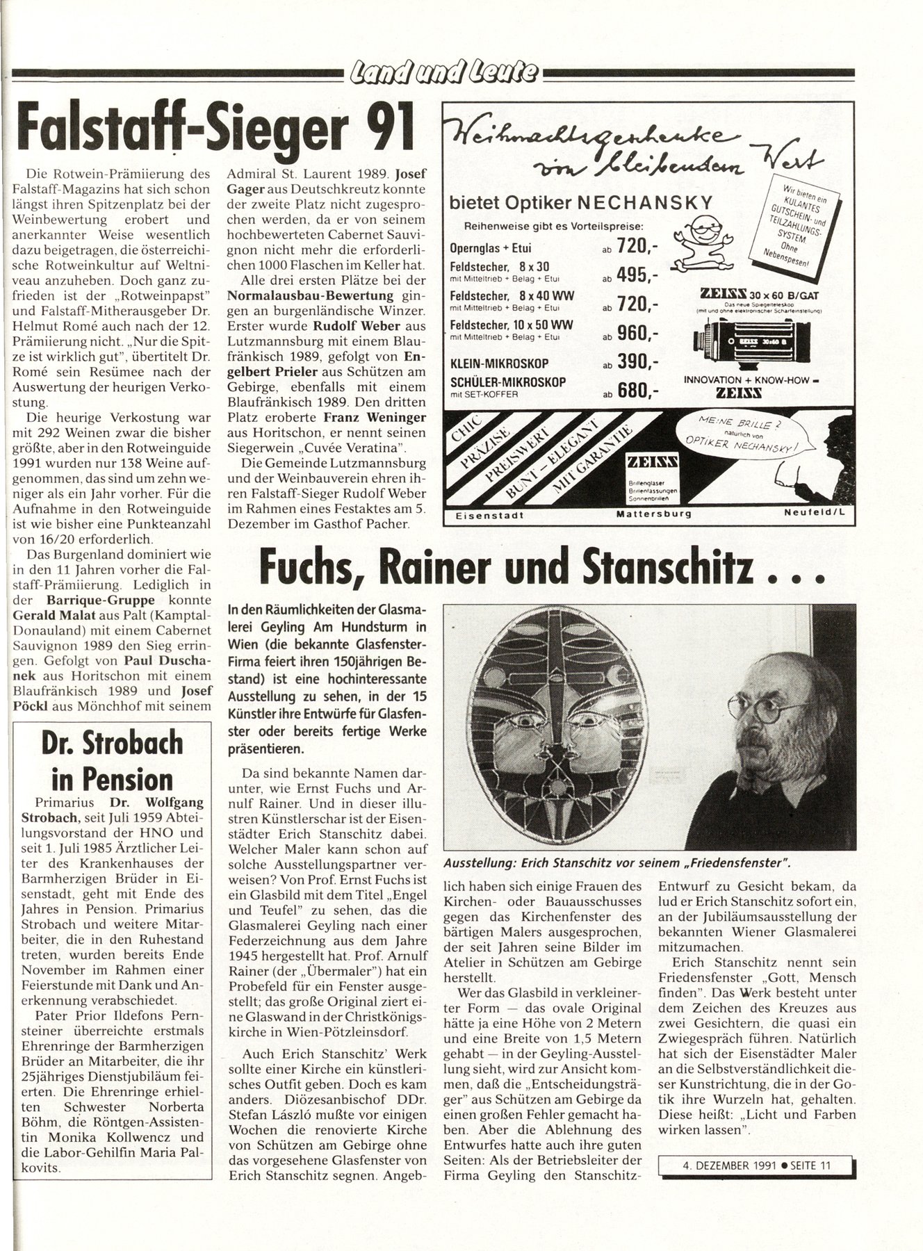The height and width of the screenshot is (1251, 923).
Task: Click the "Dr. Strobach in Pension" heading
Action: point(112,760)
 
